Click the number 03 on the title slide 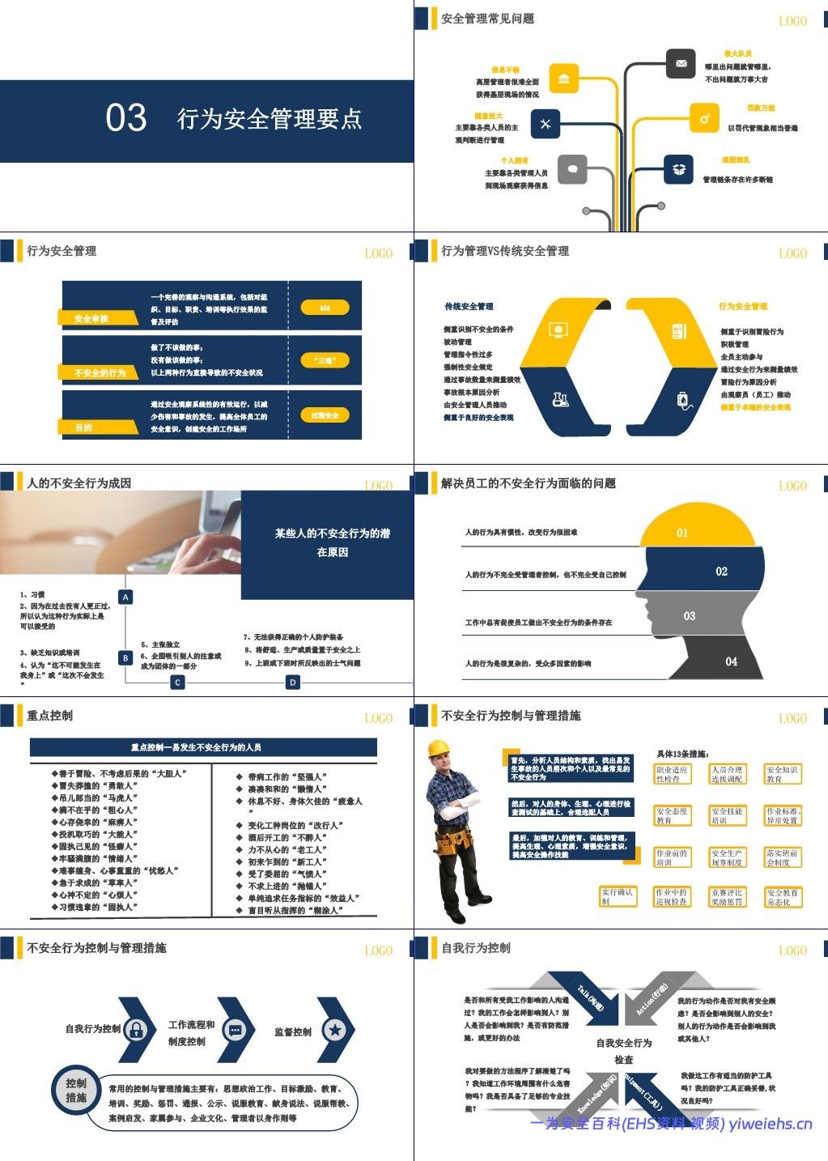(126, 118)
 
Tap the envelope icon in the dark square (681, 63)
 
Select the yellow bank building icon (563, 79)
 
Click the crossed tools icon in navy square (546, 124)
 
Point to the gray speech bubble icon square (572, 169)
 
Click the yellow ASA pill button (325, 308)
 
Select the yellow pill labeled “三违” (325, 360)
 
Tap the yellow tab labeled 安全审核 (92, 318)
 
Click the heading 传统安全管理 (469, 306)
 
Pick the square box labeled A (125, 597)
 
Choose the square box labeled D (293, 683)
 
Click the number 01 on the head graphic (682, 533)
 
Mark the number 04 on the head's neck (731, 661)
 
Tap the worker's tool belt (455, 842)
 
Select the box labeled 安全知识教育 (783, 774)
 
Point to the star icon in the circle (334, 1030)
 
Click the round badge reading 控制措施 (76, 1091)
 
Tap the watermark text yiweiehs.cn (771, 1123)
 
